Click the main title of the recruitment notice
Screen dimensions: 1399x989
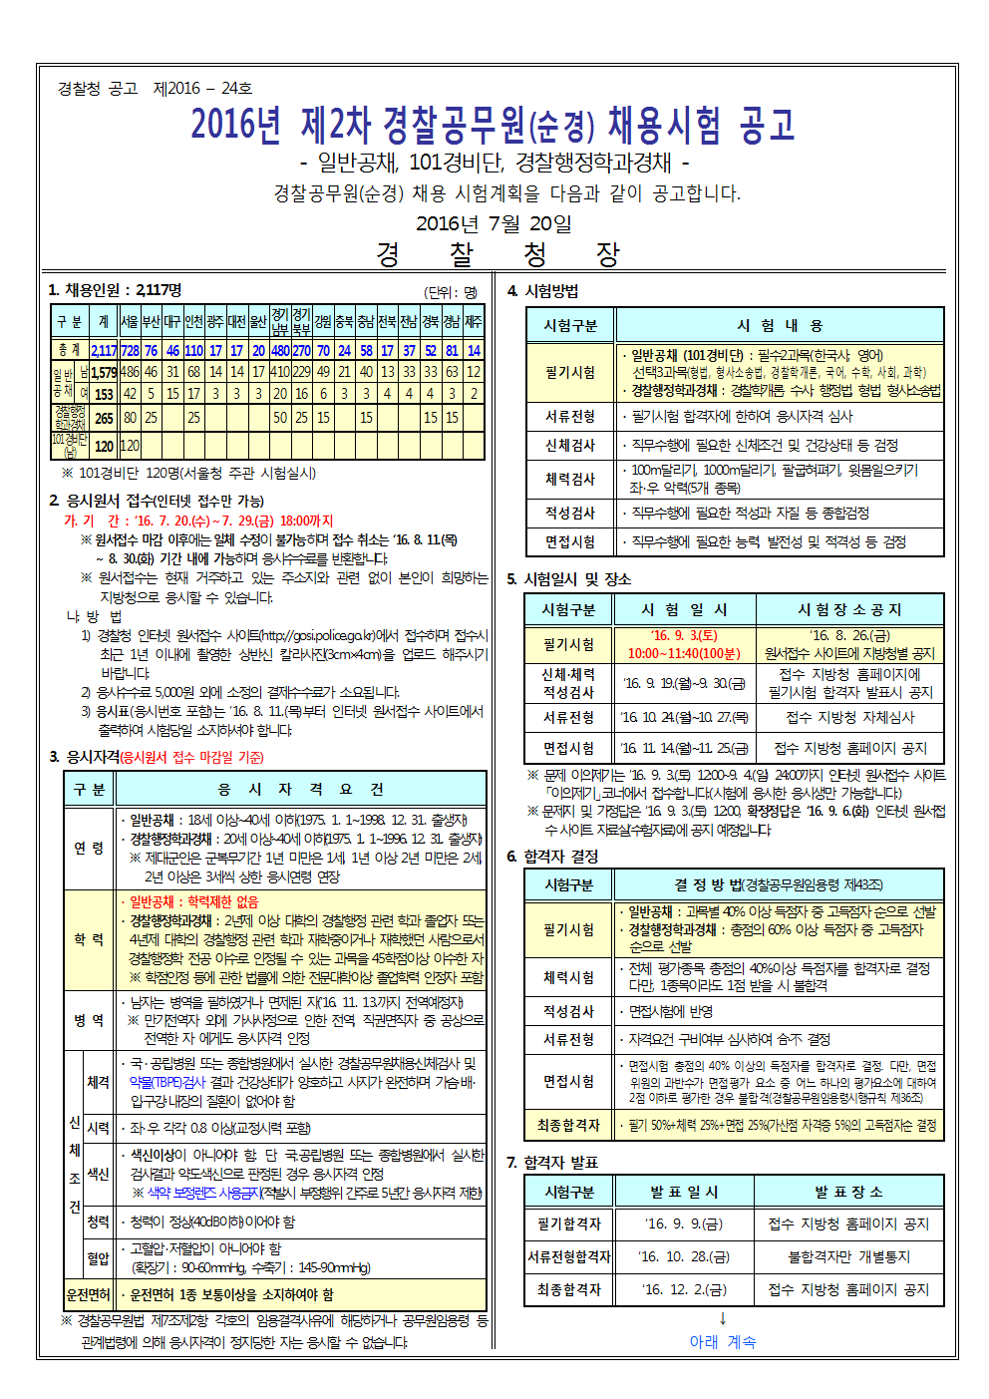point(494,125)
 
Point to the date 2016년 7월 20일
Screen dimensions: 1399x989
point(494,223)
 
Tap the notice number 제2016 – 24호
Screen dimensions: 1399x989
point(202,89)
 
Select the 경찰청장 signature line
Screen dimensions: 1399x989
point(496,254)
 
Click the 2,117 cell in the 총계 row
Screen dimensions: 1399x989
point(104,350)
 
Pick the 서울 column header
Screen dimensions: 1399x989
point(130,321)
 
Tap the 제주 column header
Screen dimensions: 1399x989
point(474,321)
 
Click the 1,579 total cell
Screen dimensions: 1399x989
point(104,373)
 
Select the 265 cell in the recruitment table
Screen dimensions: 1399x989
point(104,418)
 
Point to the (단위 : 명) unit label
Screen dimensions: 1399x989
point(451,292)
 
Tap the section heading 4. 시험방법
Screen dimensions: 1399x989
point(542,291)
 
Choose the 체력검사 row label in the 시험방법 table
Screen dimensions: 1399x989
point(570,479)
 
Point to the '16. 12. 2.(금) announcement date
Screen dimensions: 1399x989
point(685,1289)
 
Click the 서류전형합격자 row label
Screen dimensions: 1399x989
point(569,1256)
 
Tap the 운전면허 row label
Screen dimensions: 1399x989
point(88,1294)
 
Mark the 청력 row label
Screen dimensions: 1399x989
point(98,1222)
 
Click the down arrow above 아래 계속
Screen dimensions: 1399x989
point(723,1318)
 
